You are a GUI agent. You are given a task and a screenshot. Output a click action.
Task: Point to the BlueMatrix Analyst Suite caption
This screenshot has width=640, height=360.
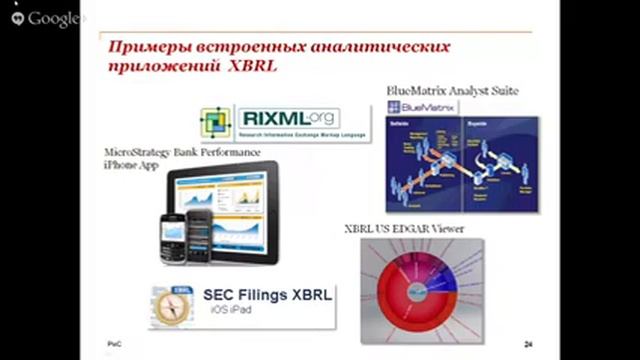click(452, 90)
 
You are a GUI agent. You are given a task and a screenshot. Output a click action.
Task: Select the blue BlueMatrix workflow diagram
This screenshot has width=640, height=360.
click(462, 165)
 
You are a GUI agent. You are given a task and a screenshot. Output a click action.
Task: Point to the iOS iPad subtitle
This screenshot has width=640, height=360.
click(231, 312)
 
